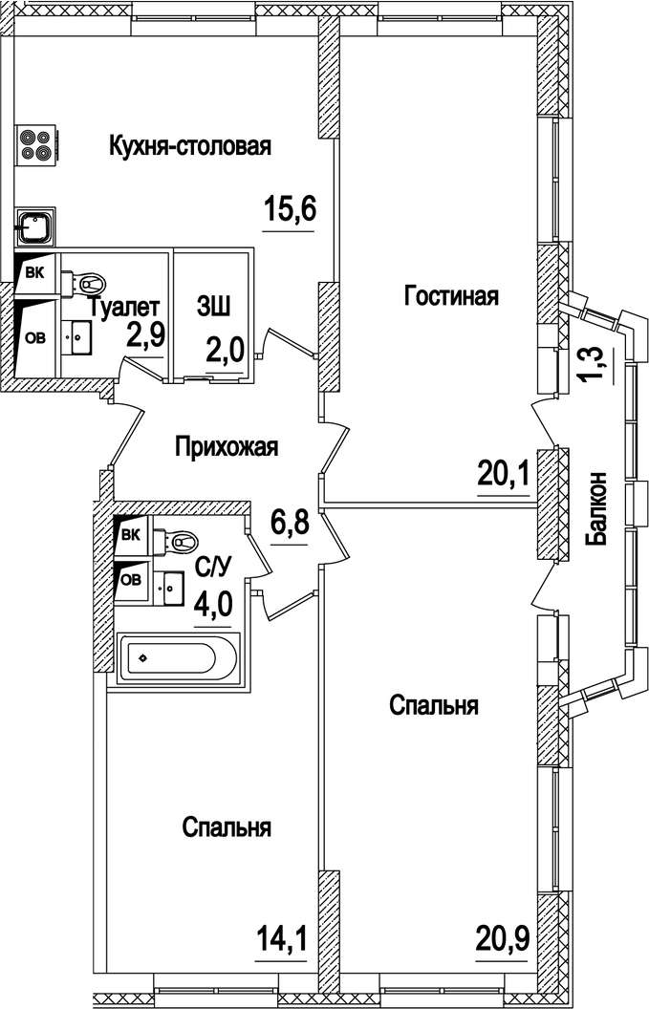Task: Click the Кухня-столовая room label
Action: pos(190,147)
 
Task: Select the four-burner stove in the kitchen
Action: pos(36,144)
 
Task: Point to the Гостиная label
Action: pos(451,295)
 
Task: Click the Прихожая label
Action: pos(226,446)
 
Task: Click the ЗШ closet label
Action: pos(212,306)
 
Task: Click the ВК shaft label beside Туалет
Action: pos(34,272)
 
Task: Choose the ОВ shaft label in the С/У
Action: pos(130,579)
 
